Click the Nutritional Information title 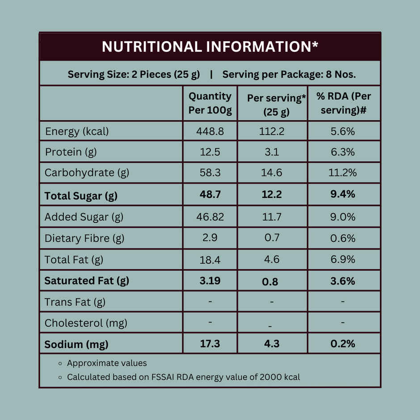210,46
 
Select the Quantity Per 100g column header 210,103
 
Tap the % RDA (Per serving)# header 344,103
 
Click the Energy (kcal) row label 77,131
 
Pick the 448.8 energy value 210,131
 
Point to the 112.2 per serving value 272,131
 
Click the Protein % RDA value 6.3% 343,152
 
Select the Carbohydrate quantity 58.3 210,172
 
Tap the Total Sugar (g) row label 81,196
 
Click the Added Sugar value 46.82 210,217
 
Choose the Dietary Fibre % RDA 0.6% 343,238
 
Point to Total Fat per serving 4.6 272,260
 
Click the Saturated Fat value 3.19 210,281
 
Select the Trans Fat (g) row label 75,302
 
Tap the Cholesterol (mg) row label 86,323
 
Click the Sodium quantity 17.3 210,344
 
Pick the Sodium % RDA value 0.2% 343,344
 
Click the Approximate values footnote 107,363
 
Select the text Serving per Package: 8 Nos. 289,74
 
